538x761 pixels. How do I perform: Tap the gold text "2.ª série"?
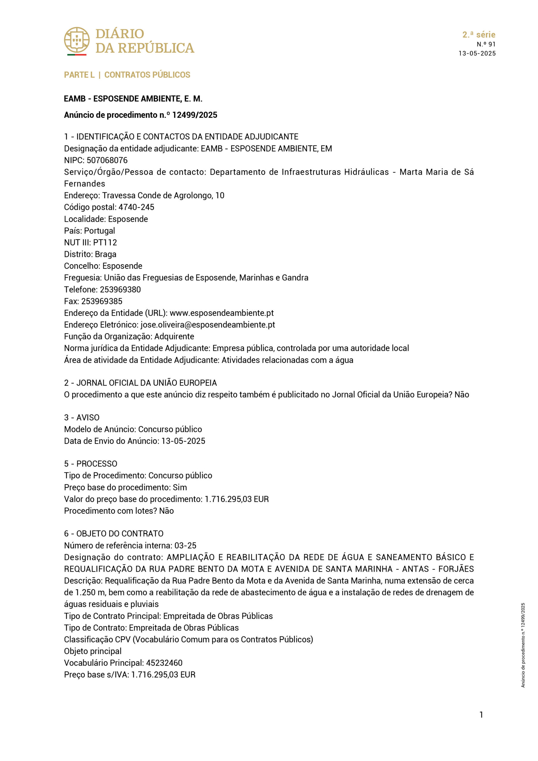point(479,34)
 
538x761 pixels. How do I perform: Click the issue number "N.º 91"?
point(486,44)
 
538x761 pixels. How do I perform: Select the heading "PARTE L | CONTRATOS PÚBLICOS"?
point(127,75)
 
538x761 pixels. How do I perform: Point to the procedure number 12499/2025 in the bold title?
point(195,115)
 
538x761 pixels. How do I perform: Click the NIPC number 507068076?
point(107,161)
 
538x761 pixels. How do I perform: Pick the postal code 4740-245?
point(136,207)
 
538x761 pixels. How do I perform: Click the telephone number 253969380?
point(120,290)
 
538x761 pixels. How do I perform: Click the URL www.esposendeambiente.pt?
point(222,313)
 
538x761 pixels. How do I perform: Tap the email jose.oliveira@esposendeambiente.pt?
point(208,325)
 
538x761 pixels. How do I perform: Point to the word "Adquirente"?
point(174,337)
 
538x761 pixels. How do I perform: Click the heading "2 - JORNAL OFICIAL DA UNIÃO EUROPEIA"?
point(140,383)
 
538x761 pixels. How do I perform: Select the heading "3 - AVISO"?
point(81,418)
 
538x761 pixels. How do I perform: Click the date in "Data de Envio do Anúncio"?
point(183,441)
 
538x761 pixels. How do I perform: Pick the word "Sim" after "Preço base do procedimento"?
point(180,488)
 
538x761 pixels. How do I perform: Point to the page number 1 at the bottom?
point(481,715)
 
